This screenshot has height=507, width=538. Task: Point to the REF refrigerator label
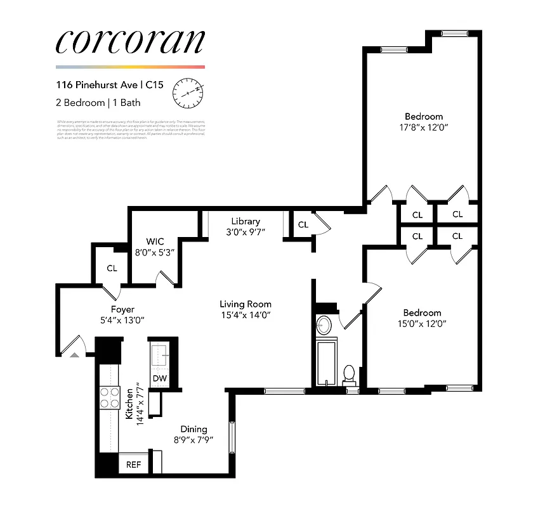[133, 465]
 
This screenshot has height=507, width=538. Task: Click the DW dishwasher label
[160, 379]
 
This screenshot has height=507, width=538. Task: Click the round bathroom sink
[324, 326]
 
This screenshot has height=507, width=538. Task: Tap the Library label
[246, 221]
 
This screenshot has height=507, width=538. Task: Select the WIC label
[155, 241]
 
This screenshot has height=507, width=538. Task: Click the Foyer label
[122, 309]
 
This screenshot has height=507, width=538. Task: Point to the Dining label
[193, 429]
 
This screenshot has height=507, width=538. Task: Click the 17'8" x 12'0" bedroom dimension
[424, 127]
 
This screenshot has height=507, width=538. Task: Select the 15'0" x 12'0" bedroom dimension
[422, 323]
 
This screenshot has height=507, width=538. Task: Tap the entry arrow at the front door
[75, 354]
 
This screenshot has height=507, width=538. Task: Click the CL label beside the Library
[303, 224]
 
